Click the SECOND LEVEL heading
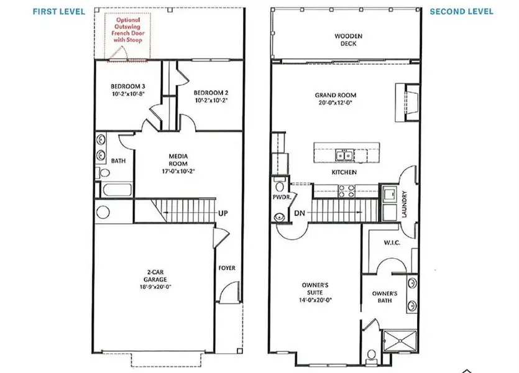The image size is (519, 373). click(462, 11)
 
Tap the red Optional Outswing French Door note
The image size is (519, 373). click(129, 30)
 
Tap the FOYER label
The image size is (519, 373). click(227, 269)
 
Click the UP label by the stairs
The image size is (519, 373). click(223, 213)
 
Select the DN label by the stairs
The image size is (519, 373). click(299, 213)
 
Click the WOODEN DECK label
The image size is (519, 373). click(348, 40)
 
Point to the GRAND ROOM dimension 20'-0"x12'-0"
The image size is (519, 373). click(339, 104)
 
